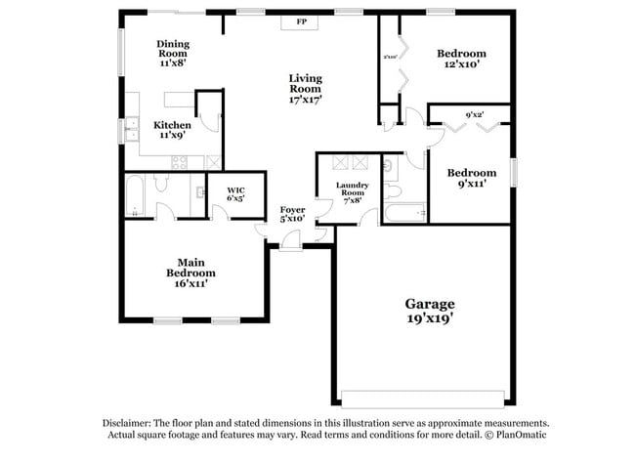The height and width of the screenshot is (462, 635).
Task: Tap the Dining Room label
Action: coord(172,44)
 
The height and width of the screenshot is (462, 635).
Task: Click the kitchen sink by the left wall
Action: coord(130,129)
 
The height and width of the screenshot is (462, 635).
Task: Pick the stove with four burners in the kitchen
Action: coord(181,162)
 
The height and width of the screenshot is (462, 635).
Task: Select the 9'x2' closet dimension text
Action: coord(476,115)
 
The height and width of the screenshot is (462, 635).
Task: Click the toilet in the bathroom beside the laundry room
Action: coord(391,189)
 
